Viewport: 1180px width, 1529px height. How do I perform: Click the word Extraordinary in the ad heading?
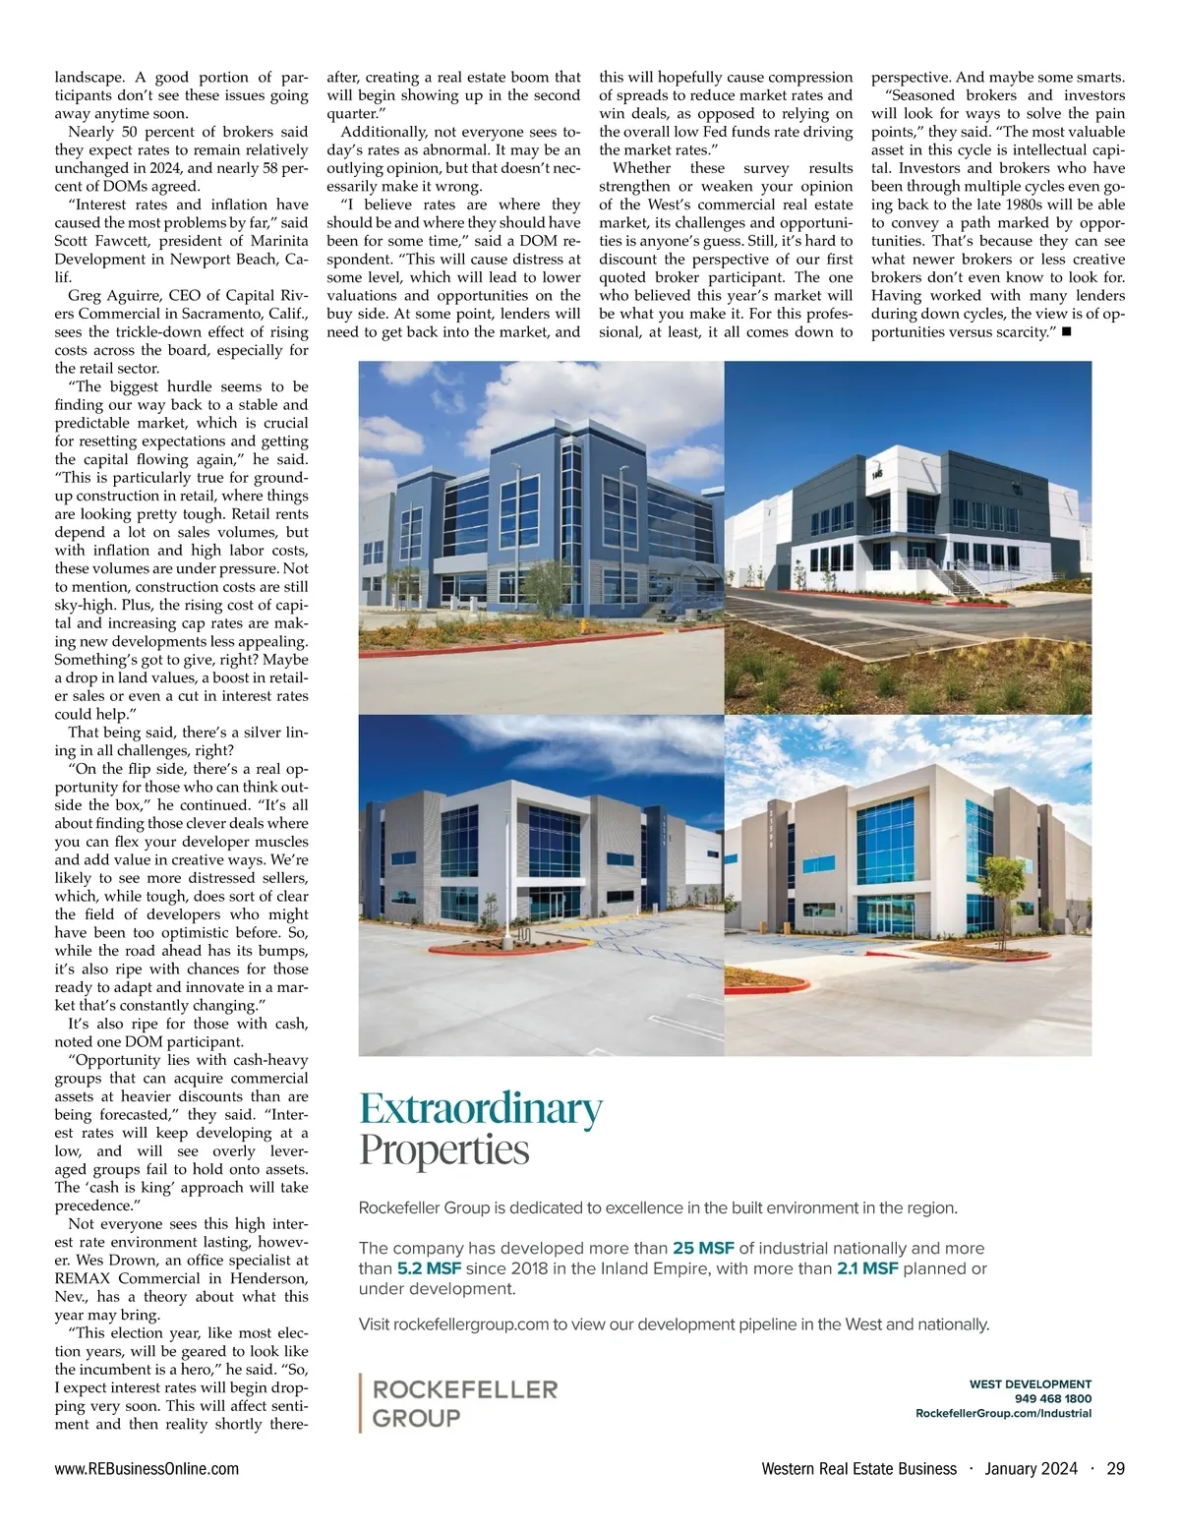point(481,1108)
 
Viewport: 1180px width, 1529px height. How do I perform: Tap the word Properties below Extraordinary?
point(444,1149)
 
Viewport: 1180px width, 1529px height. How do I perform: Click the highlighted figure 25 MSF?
point(703,1248)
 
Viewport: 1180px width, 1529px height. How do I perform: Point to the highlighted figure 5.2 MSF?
point(429,1268)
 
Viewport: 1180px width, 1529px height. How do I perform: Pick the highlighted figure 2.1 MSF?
point(867,1268)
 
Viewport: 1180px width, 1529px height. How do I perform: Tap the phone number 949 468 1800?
point(1052,1398)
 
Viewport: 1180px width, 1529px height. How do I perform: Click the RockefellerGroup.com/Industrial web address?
point(1003,1413)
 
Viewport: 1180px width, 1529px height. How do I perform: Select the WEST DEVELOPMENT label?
point(1030,1383)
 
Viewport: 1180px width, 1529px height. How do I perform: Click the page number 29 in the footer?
point(1115,1469)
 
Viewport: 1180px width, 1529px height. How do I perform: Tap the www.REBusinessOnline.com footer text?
point(147,1469)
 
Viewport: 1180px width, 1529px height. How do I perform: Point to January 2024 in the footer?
point(1032,1469)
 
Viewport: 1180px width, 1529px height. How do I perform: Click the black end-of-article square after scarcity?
point(1066,332)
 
